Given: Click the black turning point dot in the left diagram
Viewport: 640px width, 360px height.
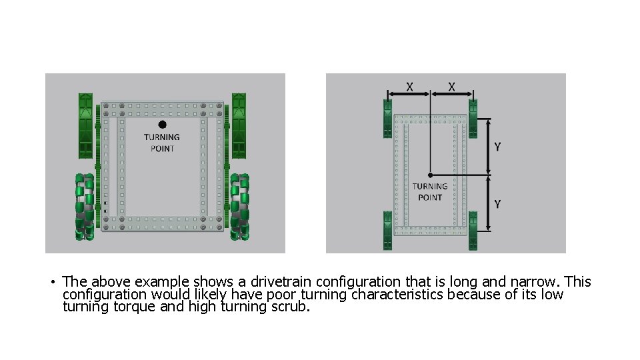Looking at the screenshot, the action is (162, 124).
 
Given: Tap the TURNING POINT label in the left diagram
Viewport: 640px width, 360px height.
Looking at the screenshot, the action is (162, 143).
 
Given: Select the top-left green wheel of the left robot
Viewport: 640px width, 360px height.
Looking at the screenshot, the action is (86, 125).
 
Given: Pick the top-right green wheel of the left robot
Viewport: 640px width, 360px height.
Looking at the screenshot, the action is (239, 125).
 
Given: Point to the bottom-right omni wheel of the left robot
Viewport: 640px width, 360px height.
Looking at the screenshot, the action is (239, 207).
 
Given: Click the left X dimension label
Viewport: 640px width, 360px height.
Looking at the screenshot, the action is (409, 87).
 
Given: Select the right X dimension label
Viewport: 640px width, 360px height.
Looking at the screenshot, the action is (452, 87).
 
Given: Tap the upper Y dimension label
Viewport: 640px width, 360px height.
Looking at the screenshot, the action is (497, 147).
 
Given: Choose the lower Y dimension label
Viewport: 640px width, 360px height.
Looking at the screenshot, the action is (497, 204).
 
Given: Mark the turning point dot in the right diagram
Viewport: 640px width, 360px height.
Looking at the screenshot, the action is (430, 175).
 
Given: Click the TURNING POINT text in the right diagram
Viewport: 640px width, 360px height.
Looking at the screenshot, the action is (430, 192).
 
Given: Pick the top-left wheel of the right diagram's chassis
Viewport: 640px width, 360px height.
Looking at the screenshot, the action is (387, 119).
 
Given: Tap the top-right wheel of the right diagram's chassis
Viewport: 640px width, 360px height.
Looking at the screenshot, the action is (473, 119).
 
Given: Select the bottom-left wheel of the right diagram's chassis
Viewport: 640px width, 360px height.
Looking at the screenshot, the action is (387, 231).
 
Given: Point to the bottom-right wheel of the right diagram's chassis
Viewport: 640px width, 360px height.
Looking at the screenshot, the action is (473, 231).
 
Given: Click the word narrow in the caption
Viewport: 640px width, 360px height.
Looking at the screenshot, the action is (531, 282).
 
